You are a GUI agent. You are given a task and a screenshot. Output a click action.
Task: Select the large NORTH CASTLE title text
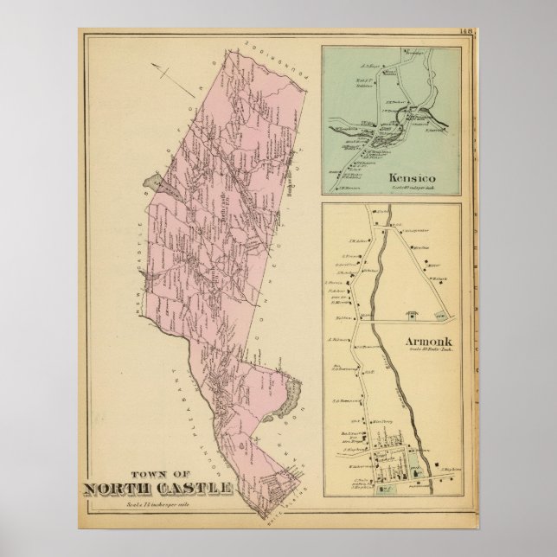pyautogui.click(x=157, y=489)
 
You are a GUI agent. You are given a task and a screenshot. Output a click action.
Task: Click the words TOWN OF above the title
pyautogui.click(x=157, y=473)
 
